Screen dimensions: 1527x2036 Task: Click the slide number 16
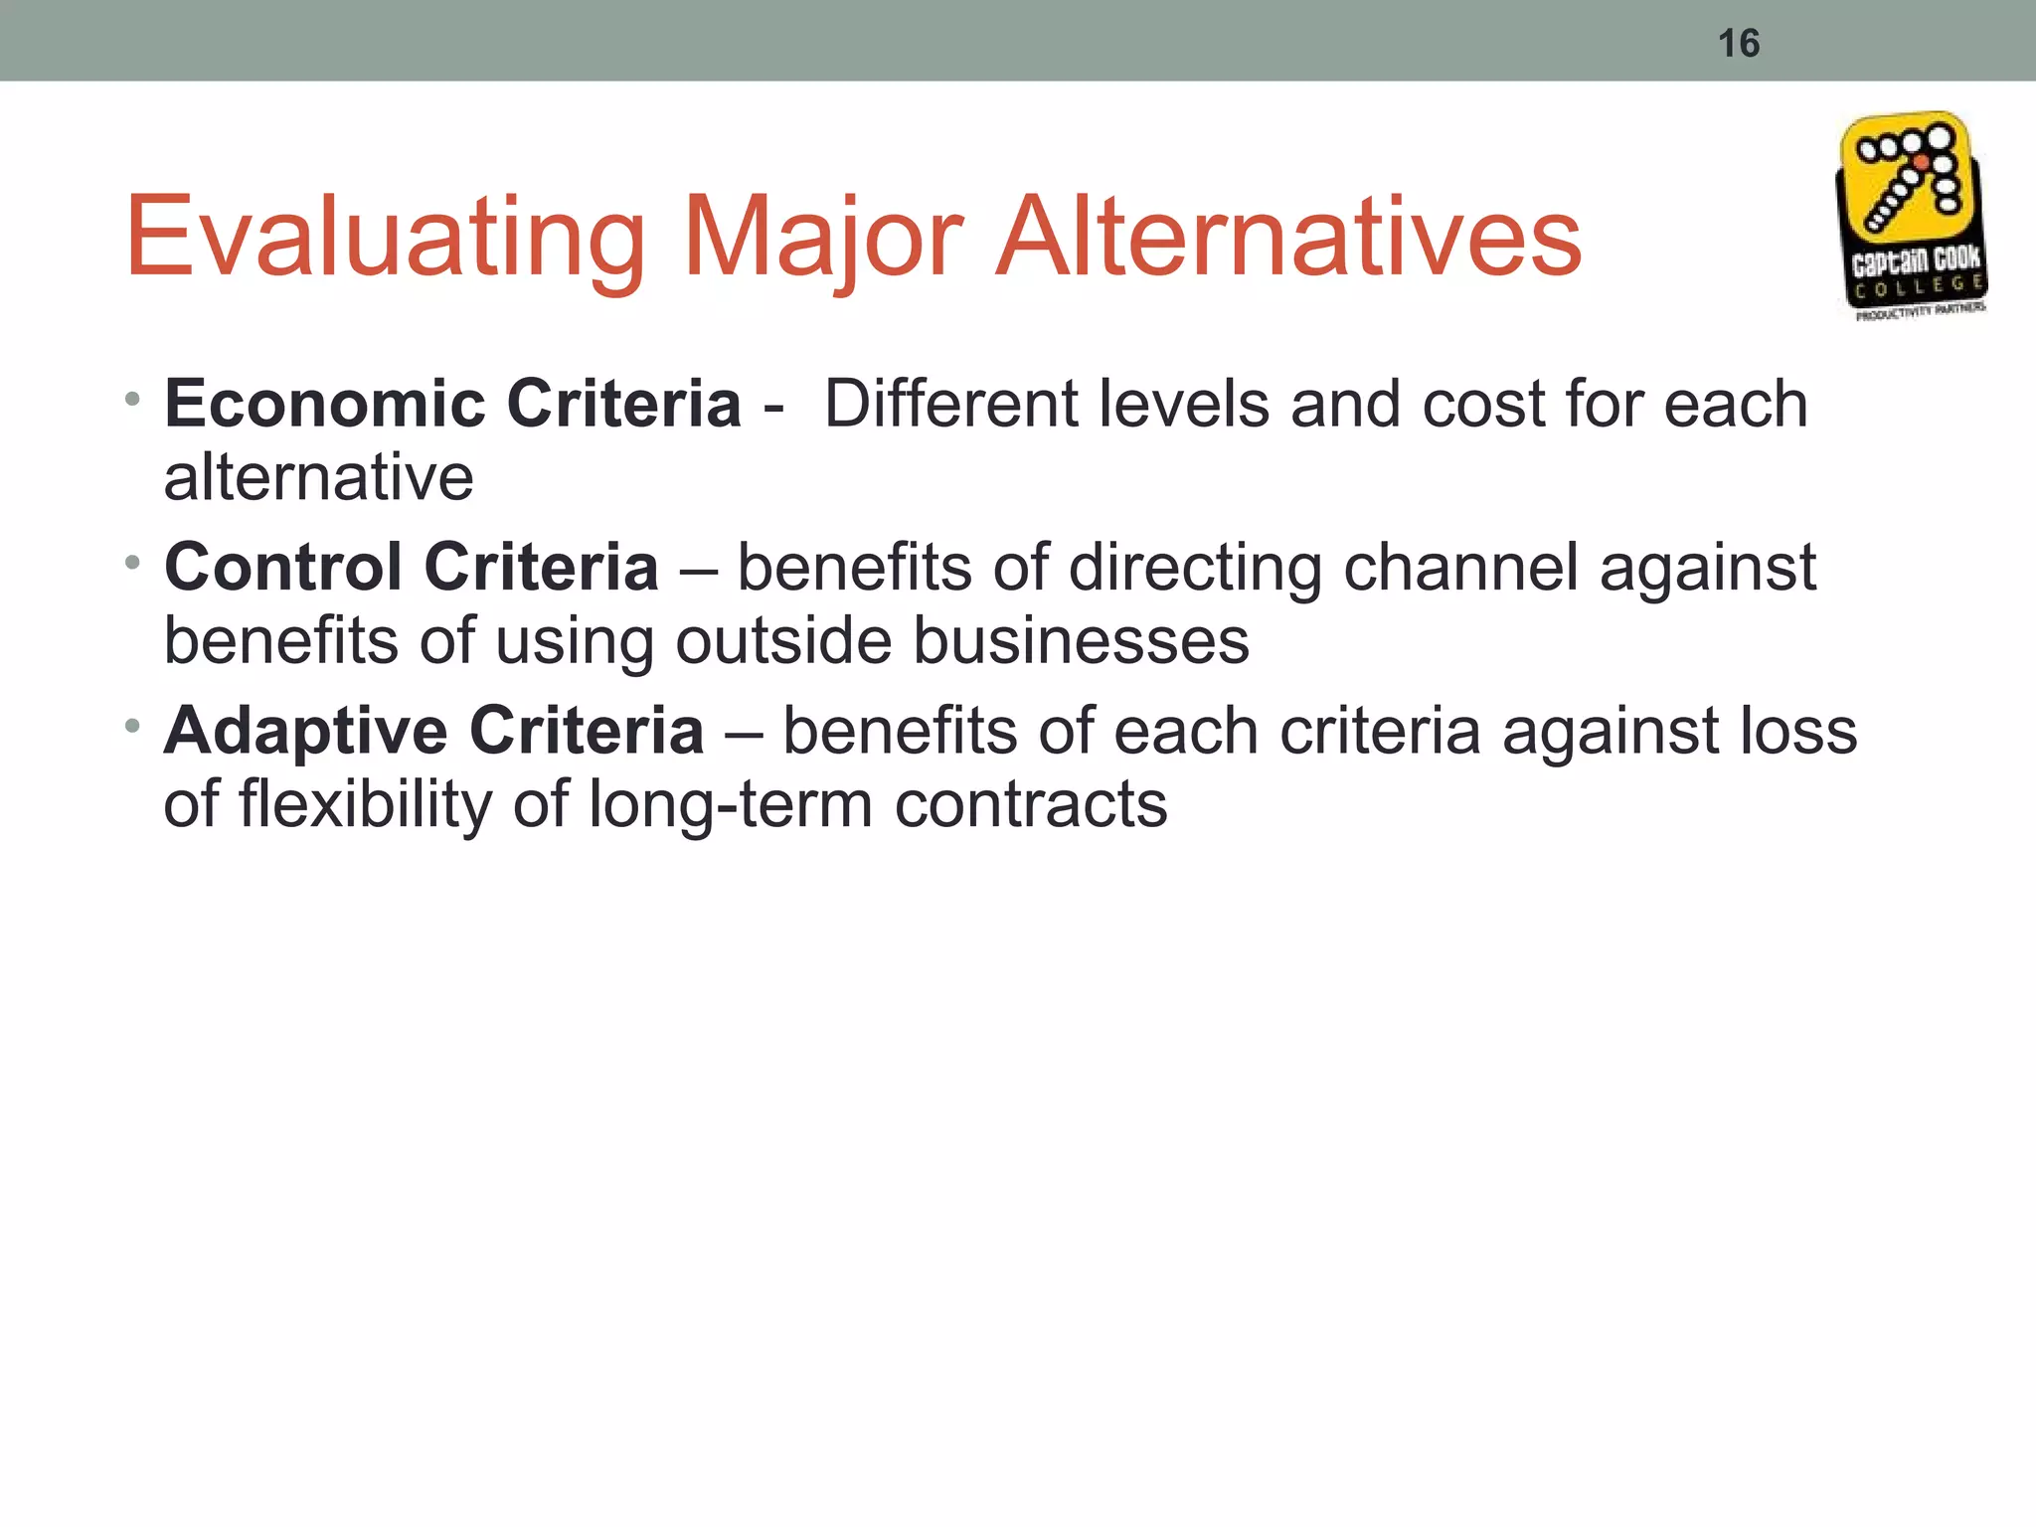(x=1739, y=44)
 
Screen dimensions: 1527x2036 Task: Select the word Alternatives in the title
(x=1288, y=239)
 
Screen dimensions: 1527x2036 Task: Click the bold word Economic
(x=325, y=405)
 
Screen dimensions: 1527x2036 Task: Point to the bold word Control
(x=284, y=568)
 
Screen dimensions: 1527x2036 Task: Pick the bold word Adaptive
(x=305, y=731)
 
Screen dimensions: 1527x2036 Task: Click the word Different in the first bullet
(x=950, y=405)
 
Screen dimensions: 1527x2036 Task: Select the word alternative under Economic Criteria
(x=318, y=478)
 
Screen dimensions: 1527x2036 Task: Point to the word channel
(x=1461, y=568)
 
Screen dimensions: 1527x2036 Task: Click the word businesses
(x=1081, y=641)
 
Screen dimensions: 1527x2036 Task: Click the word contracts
(x=1031, y=804)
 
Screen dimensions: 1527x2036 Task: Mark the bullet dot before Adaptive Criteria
(x=132, y=727)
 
